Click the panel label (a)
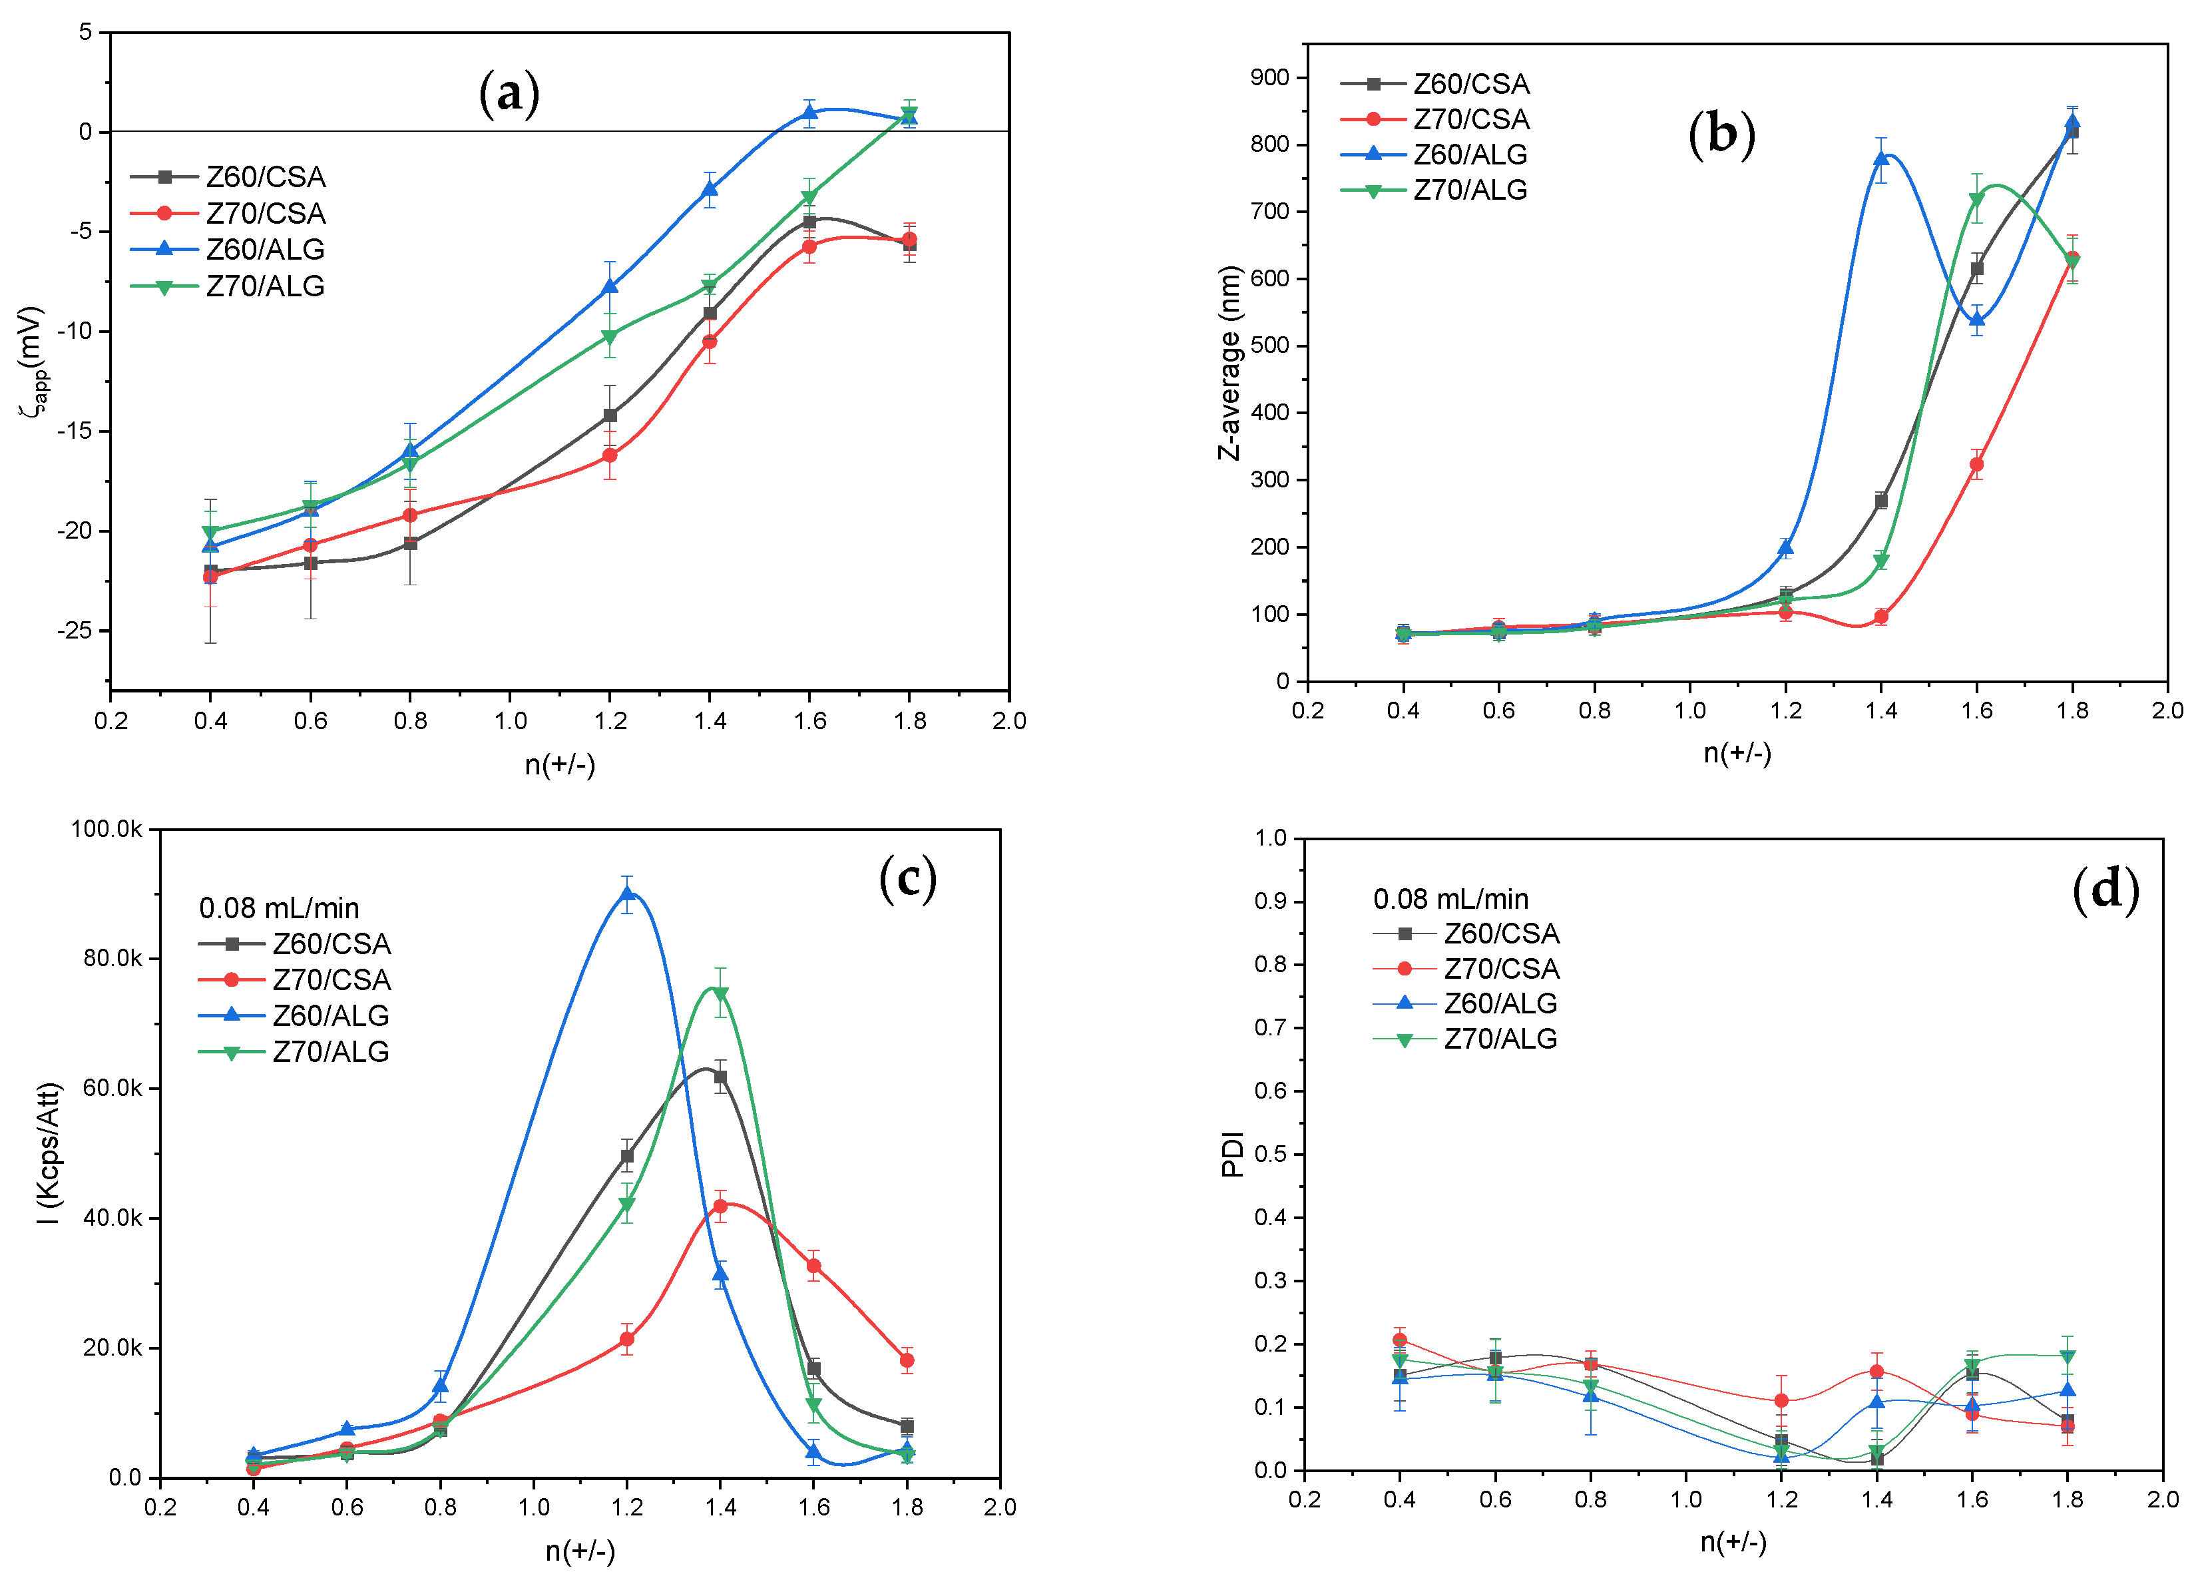509,94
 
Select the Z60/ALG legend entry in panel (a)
264,250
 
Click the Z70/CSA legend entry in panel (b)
1471,119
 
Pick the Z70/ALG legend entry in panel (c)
330,1051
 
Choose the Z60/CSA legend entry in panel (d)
1501,933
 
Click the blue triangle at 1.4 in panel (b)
1881,158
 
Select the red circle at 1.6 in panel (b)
1976,465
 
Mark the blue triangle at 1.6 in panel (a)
810,113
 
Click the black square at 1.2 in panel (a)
610,415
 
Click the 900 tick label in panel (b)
1269,77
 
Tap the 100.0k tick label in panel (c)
107,829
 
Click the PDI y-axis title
1231,1153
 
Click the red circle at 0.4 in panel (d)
1399,1340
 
